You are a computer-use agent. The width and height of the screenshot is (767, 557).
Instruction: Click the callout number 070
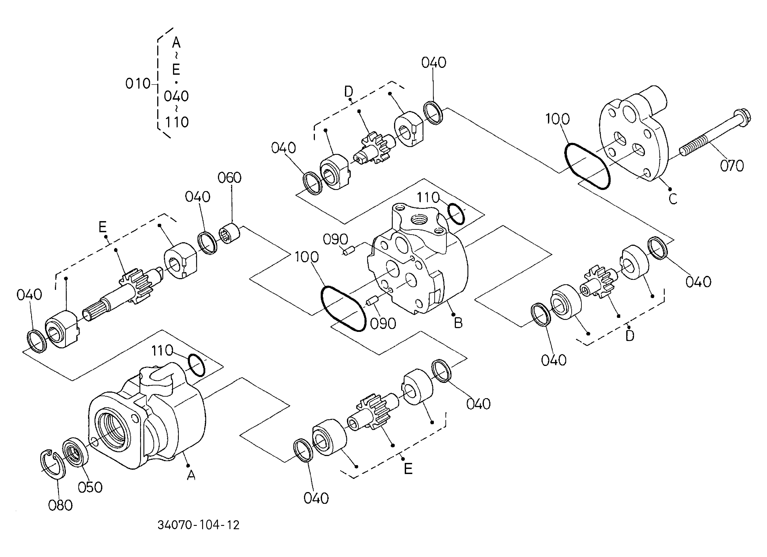coord(731,166)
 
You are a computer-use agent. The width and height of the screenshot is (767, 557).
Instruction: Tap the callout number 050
coord(90,487)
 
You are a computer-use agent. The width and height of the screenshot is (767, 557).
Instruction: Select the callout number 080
coord(60,506)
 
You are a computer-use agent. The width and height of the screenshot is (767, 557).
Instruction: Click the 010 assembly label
coord(138,84)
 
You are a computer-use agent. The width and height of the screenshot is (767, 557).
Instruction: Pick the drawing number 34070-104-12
coord(199,525)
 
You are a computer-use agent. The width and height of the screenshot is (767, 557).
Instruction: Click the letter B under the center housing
coord(458,323)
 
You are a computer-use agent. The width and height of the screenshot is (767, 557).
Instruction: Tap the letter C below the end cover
coord(673,199)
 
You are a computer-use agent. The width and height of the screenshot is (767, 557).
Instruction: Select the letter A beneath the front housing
coord(191,476)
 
